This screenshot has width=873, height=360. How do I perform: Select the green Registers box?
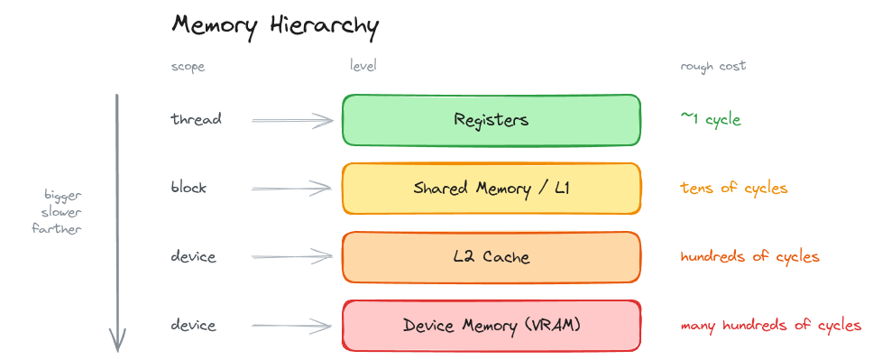coord(491,120)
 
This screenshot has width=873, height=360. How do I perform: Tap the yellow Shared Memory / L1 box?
coord(491,189)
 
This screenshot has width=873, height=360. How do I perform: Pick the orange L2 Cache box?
coord(491,257)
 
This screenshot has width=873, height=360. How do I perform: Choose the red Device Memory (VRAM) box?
coord(491,326)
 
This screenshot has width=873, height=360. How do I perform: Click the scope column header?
coord(188,67)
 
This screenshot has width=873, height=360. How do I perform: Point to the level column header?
coord(363,66)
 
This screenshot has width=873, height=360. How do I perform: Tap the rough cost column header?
coord(713,67)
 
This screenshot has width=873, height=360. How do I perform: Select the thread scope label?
coord(196,119)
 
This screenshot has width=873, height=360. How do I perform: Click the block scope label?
coord(188,188)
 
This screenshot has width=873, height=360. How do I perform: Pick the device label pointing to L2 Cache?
coord(193,256)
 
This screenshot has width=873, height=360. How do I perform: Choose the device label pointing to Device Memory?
coord(193,325)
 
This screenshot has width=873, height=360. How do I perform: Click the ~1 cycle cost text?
coord(711,119)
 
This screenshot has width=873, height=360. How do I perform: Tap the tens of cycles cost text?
coord(734,188)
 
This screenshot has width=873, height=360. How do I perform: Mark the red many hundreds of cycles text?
coord(771,326)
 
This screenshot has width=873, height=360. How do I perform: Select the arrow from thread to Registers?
coord(292,120)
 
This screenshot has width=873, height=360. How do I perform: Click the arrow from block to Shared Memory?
coord(292,189)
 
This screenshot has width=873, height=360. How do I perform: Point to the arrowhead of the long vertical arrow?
coord(117,351)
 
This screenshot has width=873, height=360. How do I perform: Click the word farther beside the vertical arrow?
coord(57,228)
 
